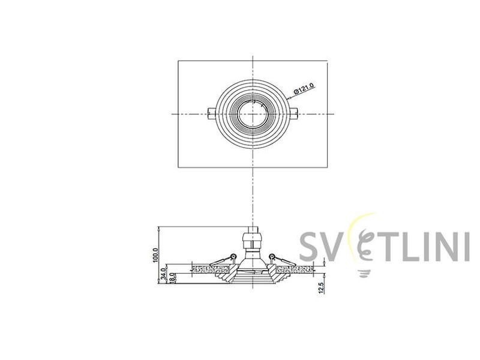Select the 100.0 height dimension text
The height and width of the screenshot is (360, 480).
155,255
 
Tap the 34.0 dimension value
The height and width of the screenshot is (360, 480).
164,273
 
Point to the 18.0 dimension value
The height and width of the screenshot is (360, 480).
172,278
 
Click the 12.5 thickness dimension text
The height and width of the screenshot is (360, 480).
321,288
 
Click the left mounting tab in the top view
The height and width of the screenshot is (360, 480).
212,114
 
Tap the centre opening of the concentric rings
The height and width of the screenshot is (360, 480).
252,114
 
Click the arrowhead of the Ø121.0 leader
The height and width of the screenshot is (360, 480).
288,98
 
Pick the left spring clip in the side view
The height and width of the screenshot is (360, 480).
223,260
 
